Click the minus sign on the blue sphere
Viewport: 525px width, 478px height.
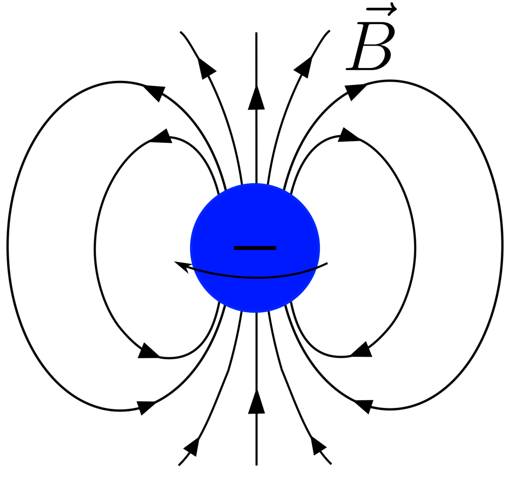click(255, 248)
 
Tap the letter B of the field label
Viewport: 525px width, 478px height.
click(371, 47)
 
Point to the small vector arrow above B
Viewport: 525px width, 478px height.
click(381, 10)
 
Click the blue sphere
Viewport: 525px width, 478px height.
click(255, 248)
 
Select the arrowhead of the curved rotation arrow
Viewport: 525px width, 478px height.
click(182, 267)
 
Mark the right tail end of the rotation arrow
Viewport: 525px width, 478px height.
click(327, 264)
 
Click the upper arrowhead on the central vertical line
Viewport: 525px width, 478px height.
click(256, 98)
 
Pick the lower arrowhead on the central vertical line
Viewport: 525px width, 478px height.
click(256, 401)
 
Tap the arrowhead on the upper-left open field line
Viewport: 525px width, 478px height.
click(206, 68)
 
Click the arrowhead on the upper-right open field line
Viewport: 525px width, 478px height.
click(304, 68)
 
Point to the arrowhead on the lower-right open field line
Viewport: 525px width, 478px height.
click(318, 446)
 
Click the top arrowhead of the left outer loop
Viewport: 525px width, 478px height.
click(155, 93)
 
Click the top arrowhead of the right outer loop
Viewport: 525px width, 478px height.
click(355, 91)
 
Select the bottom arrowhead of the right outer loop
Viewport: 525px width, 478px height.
click(364, 406)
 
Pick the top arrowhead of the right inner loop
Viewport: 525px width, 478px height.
click(348, 135)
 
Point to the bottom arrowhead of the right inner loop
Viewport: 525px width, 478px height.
click(361, 350)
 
